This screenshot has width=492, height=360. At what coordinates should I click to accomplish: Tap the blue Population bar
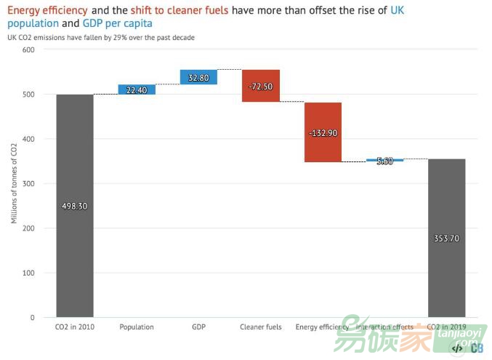coord(137,89)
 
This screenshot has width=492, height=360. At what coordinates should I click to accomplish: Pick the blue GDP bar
coord(198,77)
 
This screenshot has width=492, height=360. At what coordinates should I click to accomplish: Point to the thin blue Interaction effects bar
coord(384,160)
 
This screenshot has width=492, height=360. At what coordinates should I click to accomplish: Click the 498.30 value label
coord(75,206)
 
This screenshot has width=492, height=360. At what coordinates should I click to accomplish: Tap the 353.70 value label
coord(446,237)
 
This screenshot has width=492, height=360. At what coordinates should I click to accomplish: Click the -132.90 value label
coord(323,133)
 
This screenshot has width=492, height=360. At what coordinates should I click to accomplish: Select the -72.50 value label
coord(261,87)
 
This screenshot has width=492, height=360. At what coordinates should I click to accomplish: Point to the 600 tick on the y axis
coord(28,49)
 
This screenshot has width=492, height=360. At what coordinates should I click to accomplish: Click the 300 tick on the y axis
coord(28,183)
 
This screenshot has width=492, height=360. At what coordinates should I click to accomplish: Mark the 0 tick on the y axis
coord(32,318)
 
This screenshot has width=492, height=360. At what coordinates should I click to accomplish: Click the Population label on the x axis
coord(137,327)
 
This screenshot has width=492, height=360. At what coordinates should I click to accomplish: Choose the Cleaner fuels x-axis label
coord(261,327)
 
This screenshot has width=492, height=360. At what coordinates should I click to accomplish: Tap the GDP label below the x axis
coord(198,327)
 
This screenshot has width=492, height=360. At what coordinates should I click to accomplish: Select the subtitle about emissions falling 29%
coord(101,37)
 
